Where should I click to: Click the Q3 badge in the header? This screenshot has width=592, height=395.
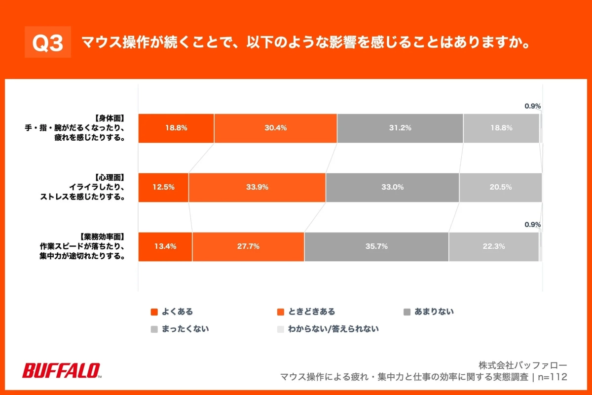(48, 43)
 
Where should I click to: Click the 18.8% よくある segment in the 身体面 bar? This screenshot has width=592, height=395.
(176, 128)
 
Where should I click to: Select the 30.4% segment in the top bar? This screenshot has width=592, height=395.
(275, 128)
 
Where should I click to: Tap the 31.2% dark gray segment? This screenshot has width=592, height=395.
(400, 128)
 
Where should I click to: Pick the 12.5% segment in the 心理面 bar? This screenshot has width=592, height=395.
(163, 187)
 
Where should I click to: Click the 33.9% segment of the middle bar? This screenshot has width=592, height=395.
(257, 187)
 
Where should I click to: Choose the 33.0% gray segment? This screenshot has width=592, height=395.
(392, 187)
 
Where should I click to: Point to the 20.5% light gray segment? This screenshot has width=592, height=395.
(500, 187)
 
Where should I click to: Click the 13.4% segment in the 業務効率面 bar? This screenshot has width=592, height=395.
(165, 246)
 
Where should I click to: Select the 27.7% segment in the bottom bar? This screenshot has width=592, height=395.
(248, 246)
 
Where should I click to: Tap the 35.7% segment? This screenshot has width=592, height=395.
(376, 246)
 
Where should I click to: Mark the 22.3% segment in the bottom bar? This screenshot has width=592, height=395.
(493, 246)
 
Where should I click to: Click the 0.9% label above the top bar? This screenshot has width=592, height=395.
(533, 106)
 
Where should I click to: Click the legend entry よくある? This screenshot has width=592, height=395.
(172, 312)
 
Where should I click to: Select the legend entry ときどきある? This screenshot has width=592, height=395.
(306, 312)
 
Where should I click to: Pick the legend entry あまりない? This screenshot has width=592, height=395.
(429, 312)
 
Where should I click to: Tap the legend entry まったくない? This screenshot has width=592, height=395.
(180, 328)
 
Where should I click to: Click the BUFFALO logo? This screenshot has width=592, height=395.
(62, 370)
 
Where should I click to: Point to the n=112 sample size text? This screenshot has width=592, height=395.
(552, 377)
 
